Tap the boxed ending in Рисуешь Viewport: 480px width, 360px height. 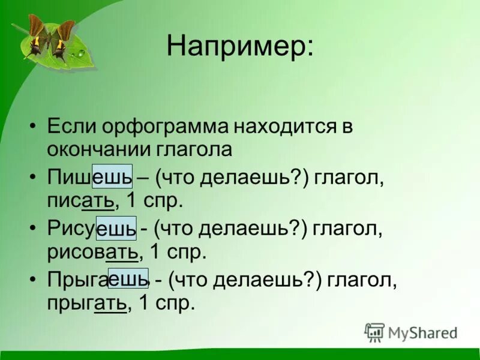point(116,229)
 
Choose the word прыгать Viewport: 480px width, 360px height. point(86,302)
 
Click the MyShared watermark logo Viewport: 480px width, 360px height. point(411,332)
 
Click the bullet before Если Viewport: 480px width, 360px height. point(33,128)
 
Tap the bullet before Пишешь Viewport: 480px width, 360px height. point(33,178)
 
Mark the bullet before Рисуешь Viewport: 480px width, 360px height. point(33,229)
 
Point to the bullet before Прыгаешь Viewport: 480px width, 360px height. point(33,280)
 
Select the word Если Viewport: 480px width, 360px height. point(67,127)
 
